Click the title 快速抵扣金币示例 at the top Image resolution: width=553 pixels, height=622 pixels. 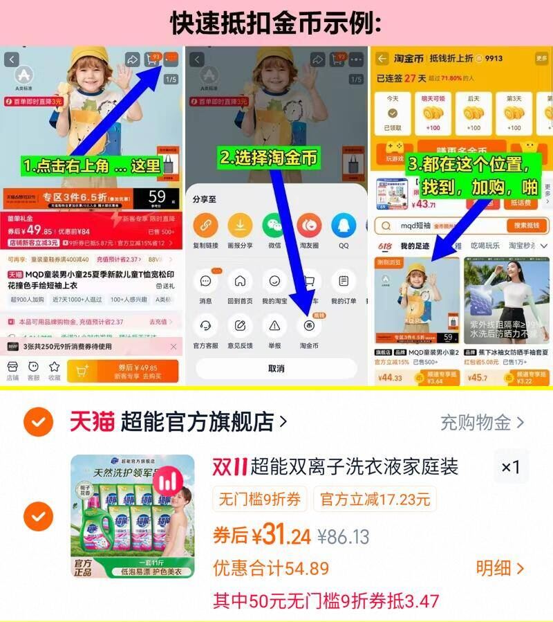coord(276,23)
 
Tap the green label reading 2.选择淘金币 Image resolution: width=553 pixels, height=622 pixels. coord(268,157)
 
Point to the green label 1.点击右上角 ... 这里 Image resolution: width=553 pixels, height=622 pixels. coord(91,167)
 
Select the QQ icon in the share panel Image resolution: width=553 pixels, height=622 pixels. coord(343,225)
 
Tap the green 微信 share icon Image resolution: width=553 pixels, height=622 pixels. coord(274,225)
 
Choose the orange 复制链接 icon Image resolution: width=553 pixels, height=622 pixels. coord(205,225)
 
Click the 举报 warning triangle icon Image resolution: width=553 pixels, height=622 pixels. coord(274,325)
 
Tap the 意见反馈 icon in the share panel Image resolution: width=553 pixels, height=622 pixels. coord(240,325)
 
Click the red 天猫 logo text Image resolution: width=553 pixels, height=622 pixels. coord(91,421)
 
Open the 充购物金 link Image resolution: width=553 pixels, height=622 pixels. coord(482,422)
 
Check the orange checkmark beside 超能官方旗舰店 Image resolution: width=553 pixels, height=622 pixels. coord(38,421)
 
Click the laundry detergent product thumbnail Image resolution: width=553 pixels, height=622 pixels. coord(133,515)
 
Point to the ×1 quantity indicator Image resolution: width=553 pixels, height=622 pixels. coord(510,467)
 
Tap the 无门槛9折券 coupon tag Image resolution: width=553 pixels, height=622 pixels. coord(260,499)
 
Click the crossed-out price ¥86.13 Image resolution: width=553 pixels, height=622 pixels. coord(344,536)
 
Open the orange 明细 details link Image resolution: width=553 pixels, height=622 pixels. coord(500,568)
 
